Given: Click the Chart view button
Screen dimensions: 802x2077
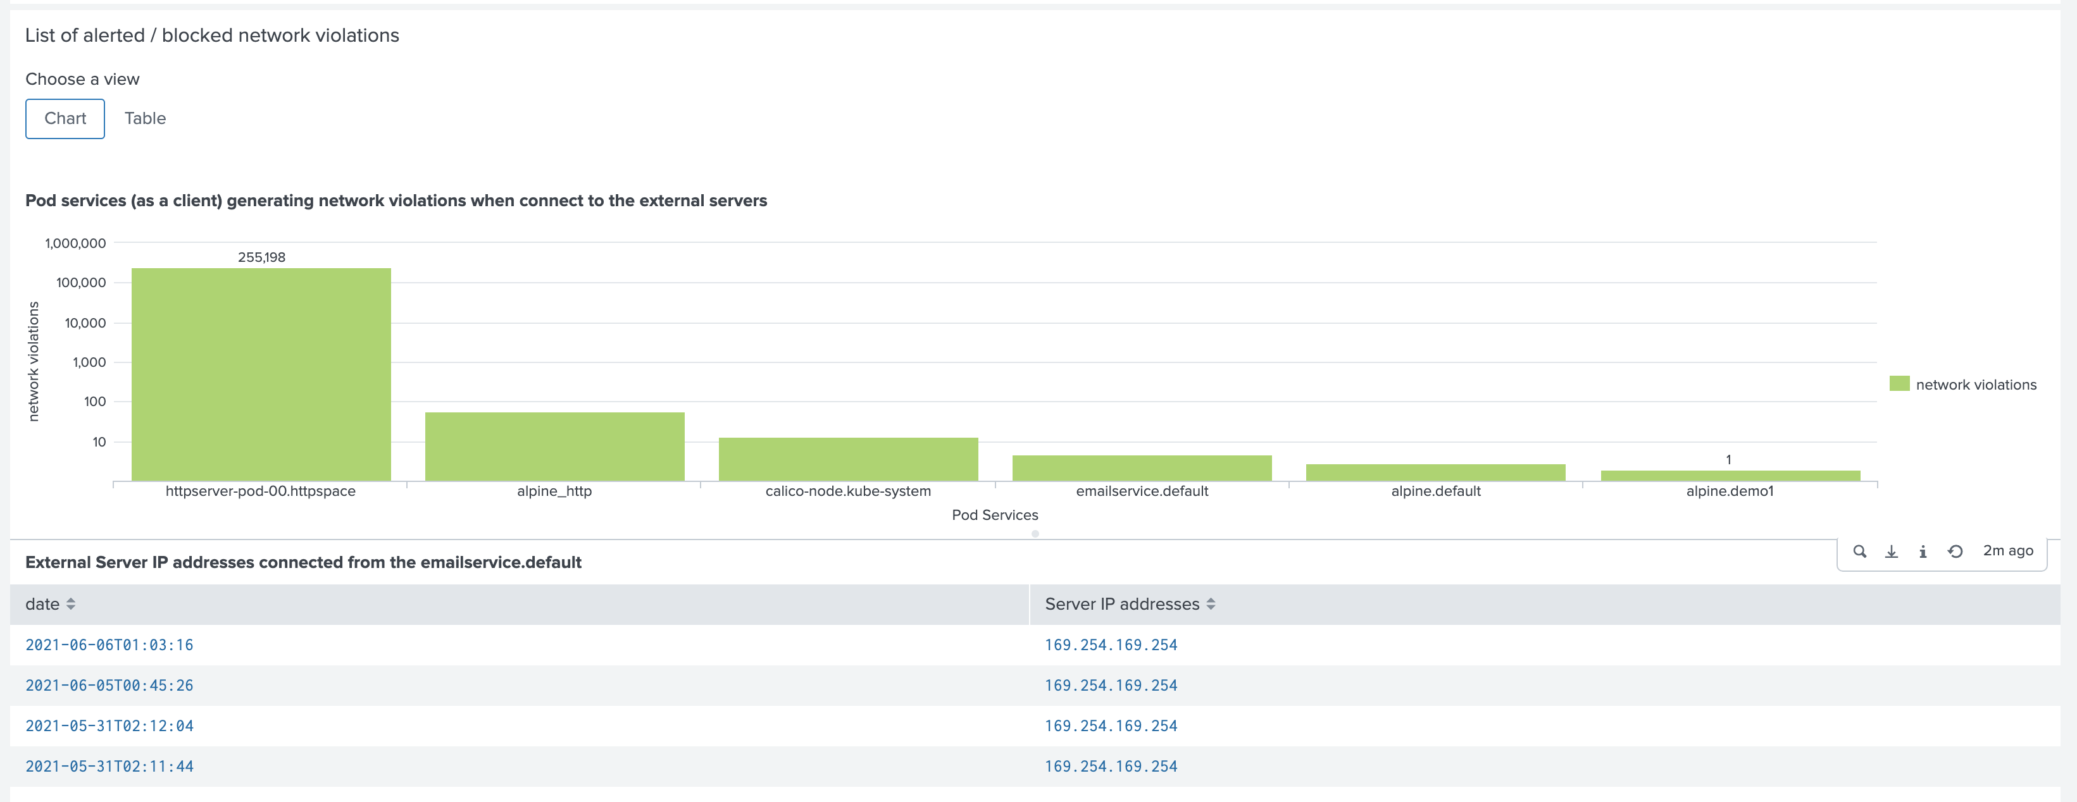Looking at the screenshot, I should pos(65,118).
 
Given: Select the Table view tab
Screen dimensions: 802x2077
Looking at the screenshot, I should pos(145,118).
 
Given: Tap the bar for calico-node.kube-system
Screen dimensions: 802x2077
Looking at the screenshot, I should pos(847,459).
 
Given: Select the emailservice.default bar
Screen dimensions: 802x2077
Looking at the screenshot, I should pos(1142,468).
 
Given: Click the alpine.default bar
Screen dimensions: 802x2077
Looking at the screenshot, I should pos(1435,472).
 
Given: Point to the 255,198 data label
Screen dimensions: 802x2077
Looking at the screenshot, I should pos(261,257).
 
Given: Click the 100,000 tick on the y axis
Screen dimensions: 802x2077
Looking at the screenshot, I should pos(80,282).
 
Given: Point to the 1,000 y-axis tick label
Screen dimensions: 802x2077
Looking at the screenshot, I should pos(89,362).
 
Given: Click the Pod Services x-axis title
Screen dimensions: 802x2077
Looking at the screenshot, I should pos(994,515).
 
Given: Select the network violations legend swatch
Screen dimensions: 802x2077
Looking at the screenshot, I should pos(1899,384).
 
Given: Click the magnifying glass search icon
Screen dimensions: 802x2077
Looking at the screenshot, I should pos(1859,552).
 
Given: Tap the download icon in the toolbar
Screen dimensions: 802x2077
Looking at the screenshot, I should pos(1891,552).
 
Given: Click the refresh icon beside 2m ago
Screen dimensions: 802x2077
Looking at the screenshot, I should pos(1954,552).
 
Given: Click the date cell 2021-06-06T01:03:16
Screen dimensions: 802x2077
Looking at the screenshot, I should pos(109,645).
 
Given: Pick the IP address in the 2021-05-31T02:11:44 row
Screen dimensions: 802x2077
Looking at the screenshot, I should pos(1110,767).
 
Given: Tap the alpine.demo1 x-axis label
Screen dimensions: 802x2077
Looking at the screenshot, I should pos(1730,491).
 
